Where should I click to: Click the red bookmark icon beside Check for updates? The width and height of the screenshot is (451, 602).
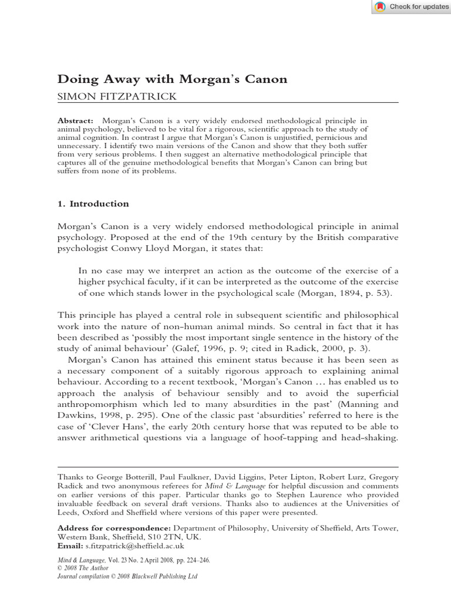[380, 6]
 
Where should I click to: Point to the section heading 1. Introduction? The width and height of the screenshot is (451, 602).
[93, 204]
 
